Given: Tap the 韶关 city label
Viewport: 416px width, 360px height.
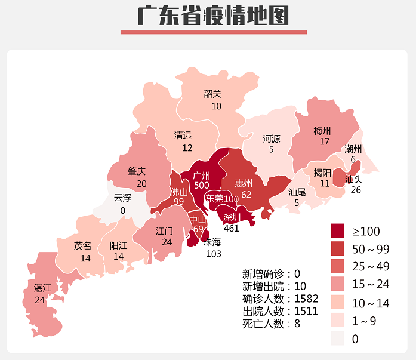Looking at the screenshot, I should pyautogui.click(x=212, y=94).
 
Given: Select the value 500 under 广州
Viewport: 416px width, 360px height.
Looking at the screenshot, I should pyautogui.click(x=201, y=186).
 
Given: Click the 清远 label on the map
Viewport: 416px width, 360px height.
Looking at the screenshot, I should pyautogui.click(x=183, y=136).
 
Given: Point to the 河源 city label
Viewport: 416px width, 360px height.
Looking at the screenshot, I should pyautogui.click(x=272, y=139).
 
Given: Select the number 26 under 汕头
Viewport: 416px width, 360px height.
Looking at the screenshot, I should pyautogui.click(x=356, y=190).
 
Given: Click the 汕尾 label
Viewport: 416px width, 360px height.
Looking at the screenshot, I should pyautogui.click(x=297, y=192).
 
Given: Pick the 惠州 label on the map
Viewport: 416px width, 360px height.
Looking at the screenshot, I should pyautogui.click(x=244, y=183).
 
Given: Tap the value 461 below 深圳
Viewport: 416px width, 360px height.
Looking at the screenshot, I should pyautogui.click(x=231, y=228).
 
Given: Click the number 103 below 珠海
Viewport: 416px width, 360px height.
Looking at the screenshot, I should pyautogui.click(x=213, y=254).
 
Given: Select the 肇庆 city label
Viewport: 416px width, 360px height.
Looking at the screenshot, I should pyautogui.click(x=137, y=171).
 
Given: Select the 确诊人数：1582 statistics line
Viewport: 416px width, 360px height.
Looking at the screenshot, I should pyautogui.click(x=280, y=299).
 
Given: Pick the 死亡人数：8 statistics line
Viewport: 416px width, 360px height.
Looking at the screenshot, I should pyautogui.click(x=271, y=324).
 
